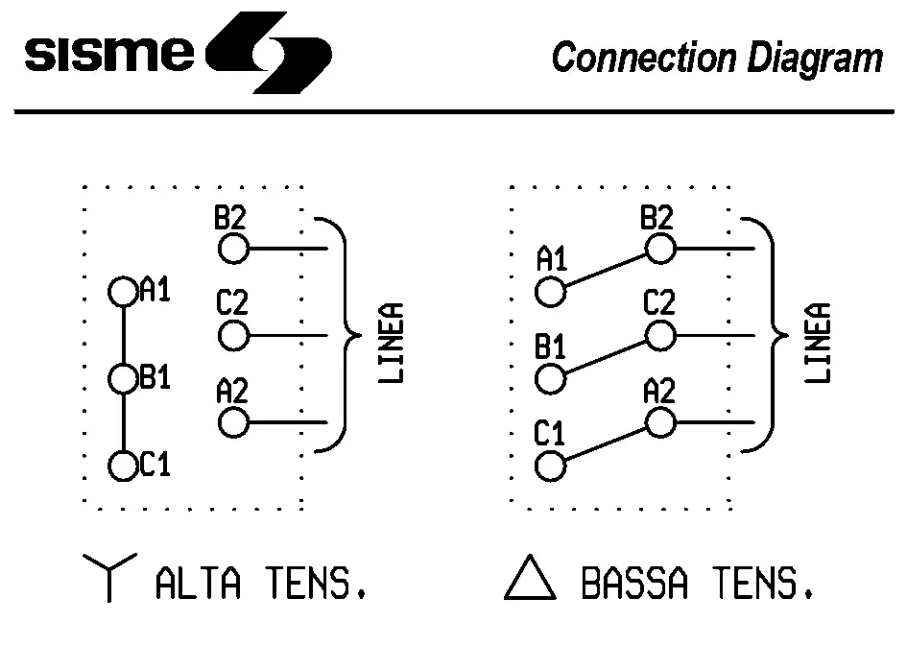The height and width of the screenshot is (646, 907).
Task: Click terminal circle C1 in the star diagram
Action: click(123, 467)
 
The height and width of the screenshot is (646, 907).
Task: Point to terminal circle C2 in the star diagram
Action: click(233, 336)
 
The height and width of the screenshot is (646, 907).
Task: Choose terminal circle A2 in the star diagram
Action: click(233, 422)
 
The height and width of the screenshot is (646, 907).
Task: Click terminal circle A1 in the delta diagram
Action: click(550, 292)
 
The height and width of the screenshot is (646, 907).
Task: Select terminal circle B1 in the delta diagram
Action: click(550, 379)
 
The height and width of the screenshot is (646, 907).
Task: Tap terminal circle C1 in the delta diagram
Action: click(550, 467)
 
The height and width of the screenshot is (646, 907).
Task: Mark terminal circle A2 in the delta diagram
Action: click(659, 422)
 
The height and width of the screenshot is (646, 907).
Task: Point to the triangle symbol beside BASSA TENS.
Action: click(530, 580)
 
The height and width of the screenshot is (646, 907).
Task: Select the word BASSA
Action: click(634, 583)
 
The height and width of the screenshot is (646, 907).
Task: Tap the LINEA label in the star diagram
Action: click(391, 344)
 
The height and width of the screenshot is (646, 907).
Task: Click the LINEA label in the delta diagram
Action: click(817, 344)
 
